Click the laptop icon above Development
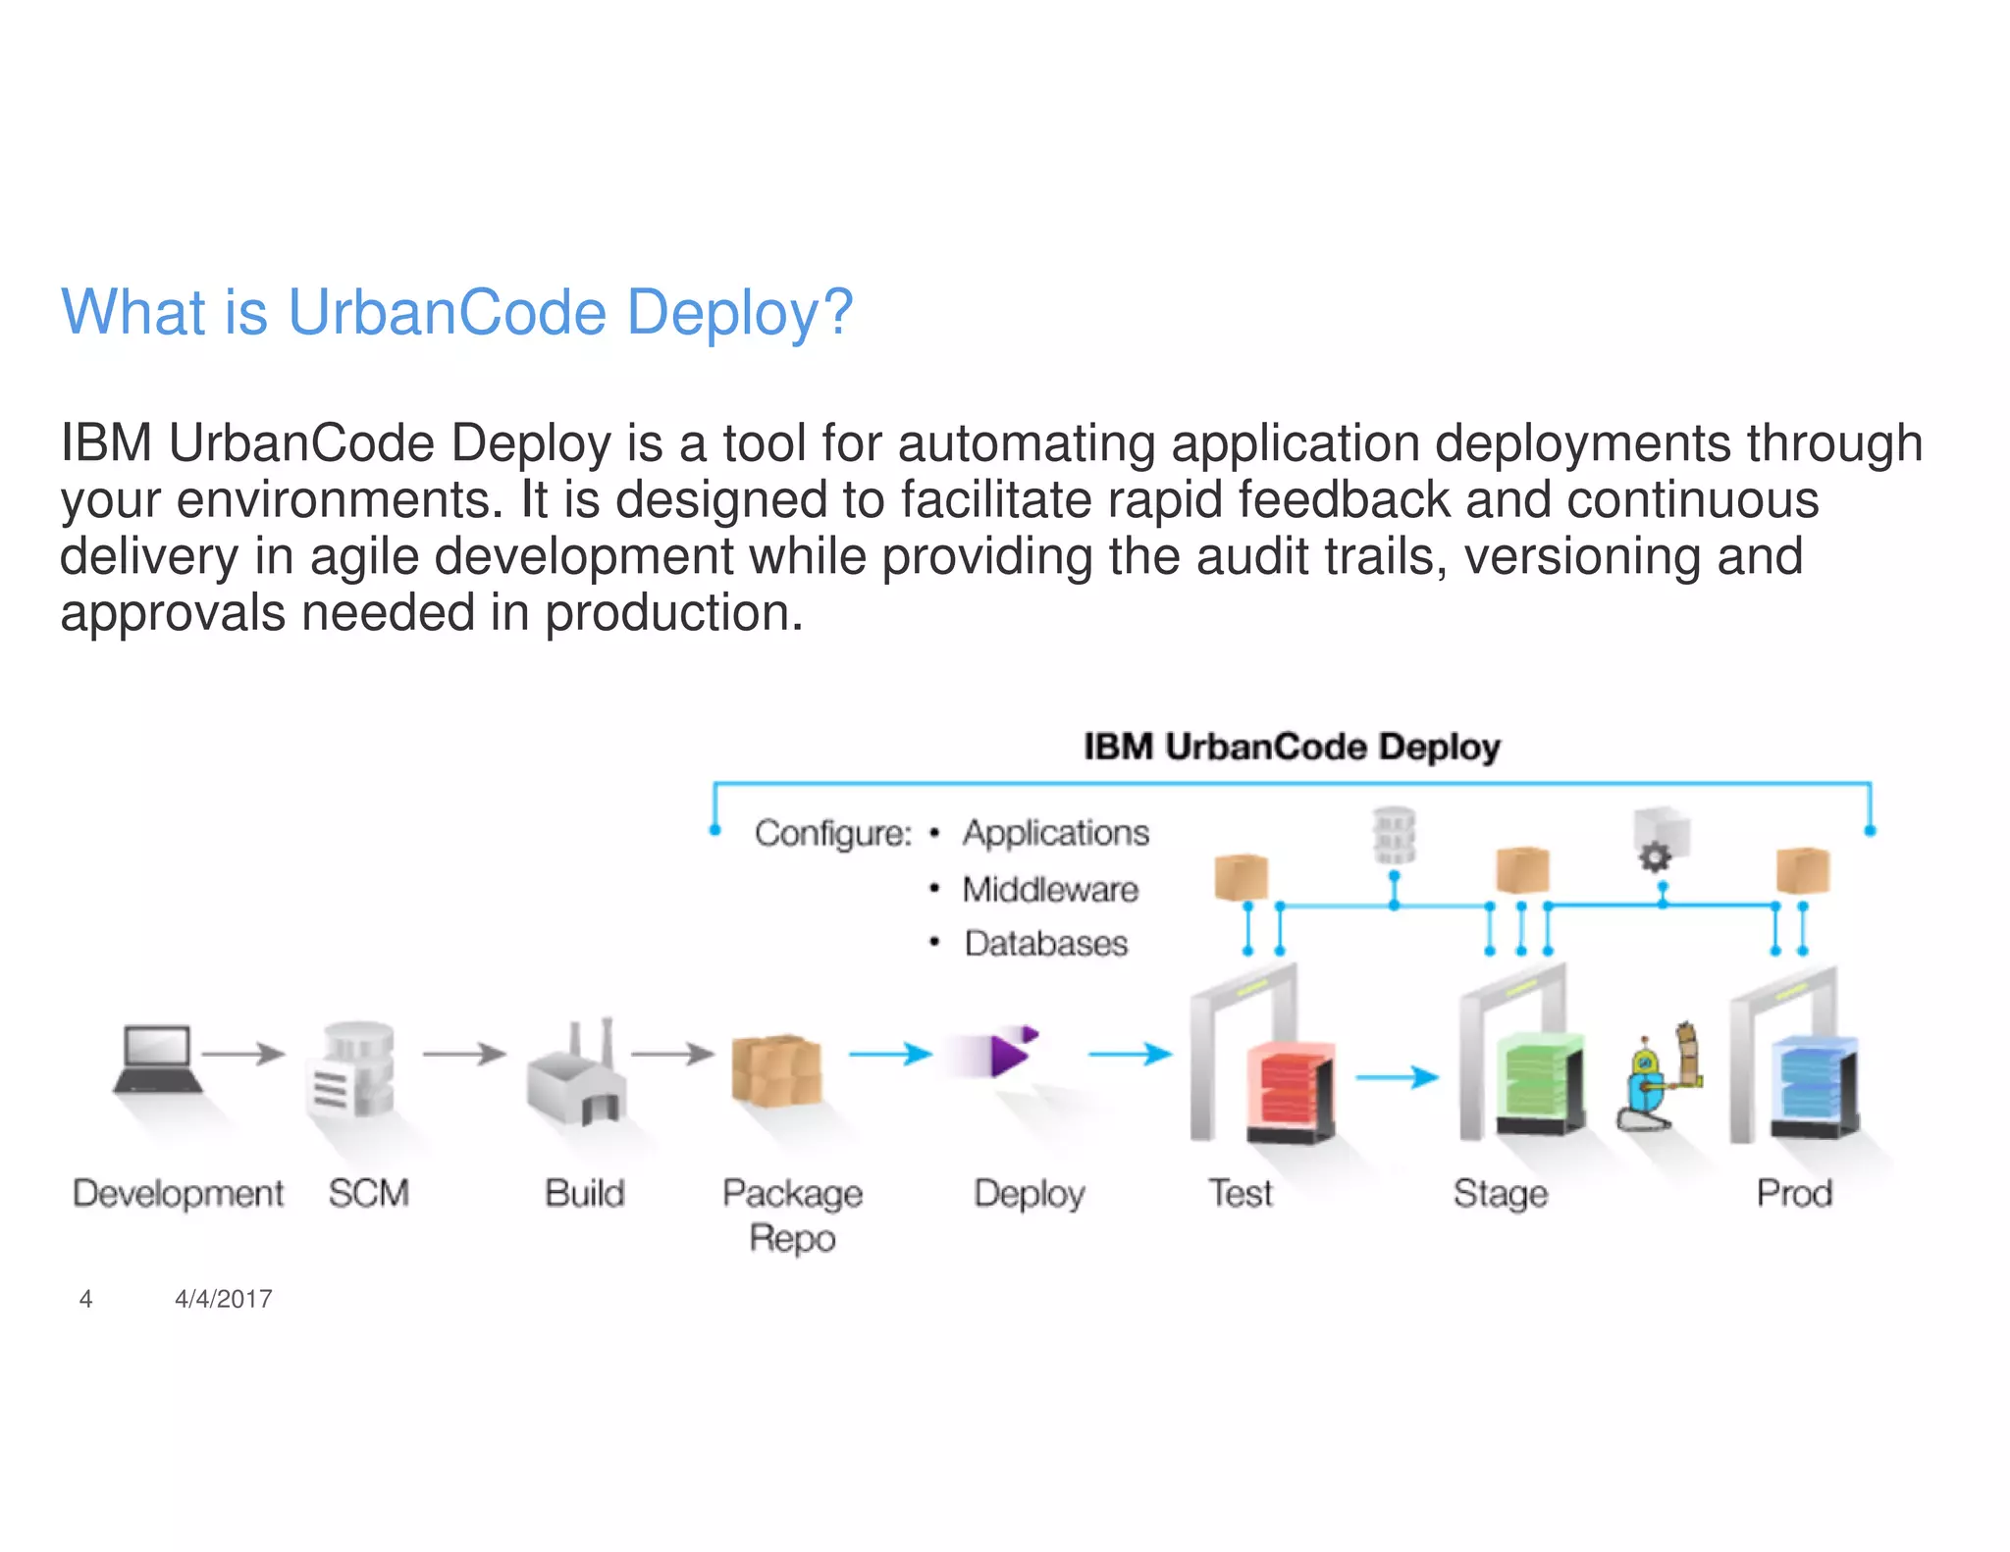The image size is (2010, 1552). (157, 1059)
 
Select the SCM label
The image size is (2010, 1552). (368, 1193)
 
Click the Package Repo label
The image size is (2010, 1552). (792, 1216)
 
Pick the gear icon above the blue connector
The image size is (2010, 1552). (1656, 856)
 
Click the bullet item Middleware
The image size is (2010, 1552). (1049, 889)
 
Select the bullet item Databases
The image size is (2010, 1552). (1045, 943)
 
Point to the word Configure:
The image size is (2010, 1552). (832, 833)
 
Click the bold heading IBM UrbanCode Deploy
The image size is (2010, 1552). (1292, 747)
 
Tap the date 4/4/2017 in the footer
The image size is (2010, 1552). (223, 1299)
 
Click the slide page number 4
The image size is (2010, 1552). (85, 1299)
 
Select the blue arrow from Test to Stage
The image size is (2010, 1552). (1397, 1077)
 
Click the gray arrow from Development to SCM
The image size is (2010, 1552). (242, 1054)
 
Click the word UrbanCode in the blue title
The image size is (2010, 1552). (447, 312)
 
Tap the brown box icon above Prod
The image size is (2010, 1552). (1803, 870)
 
